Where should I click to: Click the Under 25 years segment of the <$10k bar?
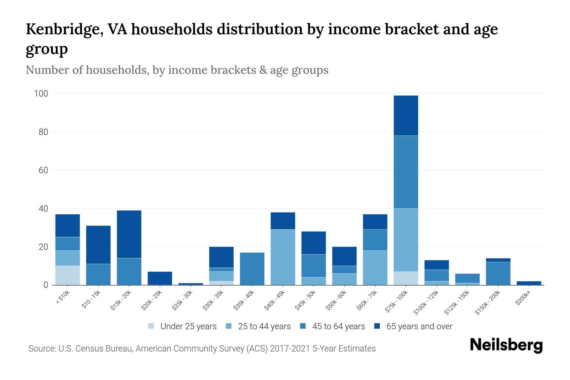click(x=67, y=275)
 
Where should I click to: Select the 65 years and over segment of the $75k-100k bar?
click(x=406, y=116)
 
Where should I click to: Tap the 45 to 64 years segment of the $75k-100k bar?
click(x=406, y=172)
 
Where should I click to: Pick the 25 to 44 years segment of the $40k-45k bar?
click(x=283, y=257)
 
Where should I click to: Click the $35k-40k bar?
click(x=252, y=269)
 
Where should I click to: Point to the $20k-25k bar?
click(x=160, y=278)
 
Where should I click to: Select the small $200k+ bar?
click(x=529, y=283)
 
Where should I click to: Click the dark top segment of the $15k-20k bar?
click(x=129, y=234)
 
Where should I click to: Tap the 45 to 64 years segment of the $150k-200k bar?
click(x=498, y=273)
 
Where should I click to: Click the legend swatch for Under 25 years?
click(x=151, y=326)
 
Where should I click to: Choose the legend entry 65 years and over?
click(x=419, y=326)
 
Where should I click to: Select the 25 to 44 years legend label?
click(x=264, y=326)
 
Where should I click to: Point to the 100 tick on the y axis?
click(x=41, y=94)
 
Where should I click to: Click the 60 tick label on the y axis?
click(x=43, y=170)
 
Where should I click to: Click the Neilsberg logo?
click(x=506, y=345)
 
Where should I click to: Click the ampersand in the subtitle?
click(x=263, y=70)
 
